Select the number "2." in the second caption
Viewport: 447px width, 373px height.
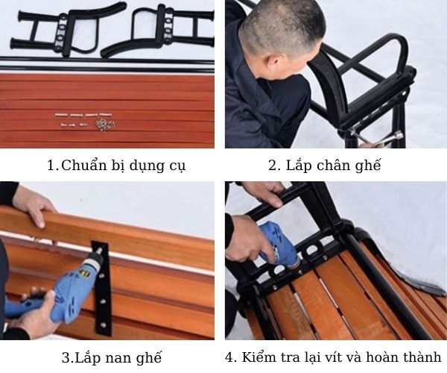tap(274, 166)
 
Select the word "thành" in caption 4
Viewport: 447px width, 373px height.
tap(422, 356)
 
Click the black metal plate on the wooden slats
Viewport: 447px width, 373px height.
tap(101, 287)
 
